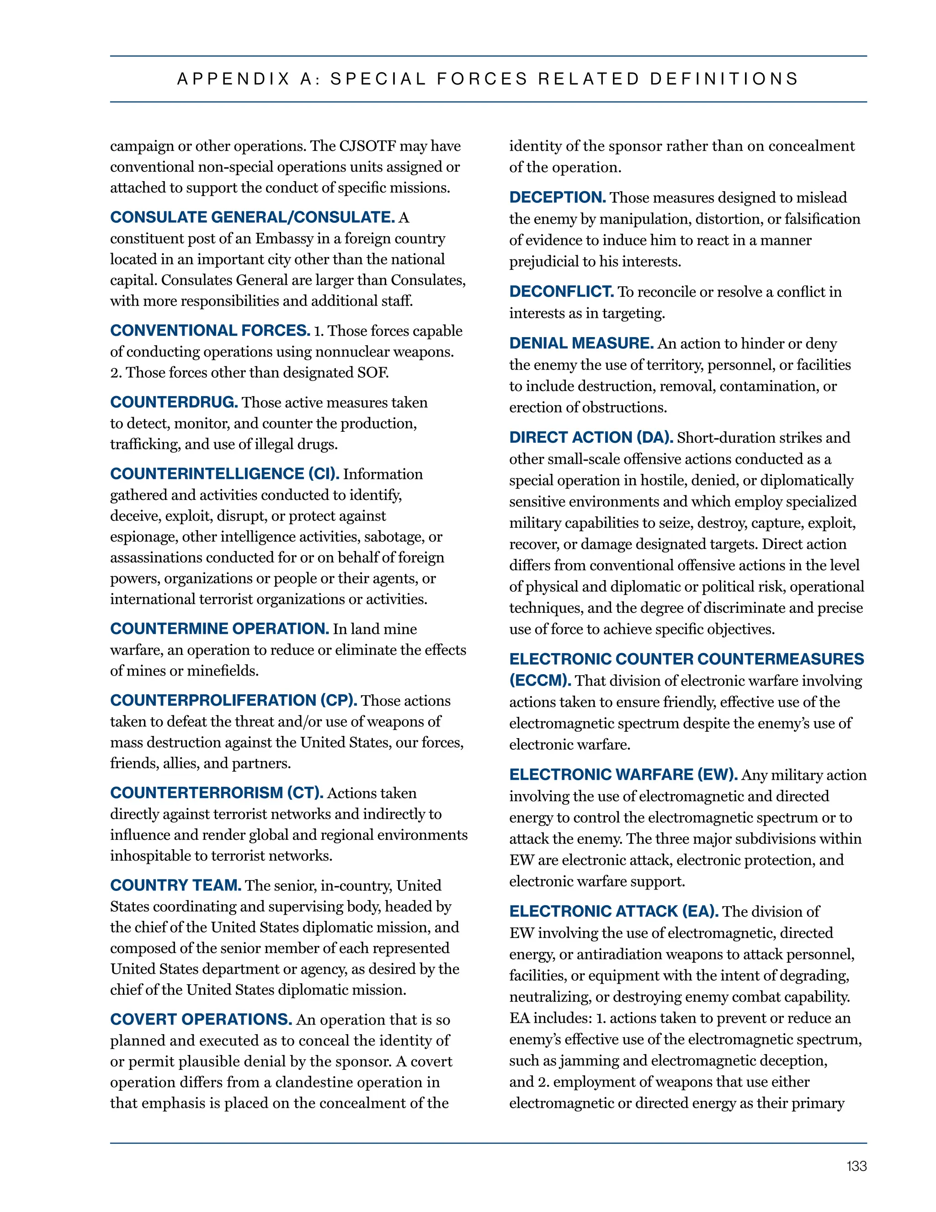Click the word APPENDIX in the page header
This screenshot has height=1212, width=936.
(234, 79)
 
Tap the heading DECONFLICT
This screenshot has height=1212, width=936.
(561, 291)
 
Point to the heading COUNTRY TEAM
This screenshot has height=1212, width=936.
(175, 885)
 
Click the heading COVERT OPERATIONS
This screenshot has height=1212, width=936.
(201, 1019)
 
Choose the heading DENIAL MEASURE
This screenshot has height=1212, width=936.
(581, 343)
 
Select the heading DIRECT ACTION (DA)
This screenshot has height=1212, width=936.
(591, 437)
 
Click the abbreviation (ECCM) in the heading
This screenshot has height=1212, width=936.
(540, 681)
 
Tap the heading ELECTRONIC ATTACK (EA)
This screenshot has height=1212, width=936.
(614, 911)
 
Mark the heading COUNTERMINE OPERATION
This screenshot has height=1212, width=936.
(219, 629)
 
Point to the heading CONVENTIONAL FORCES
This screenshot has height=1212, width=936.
(210, 330)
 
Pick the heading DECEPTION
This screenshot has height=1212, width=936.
(557, 197)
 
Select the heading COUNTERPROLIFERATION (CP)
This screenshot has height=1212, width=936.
(234, 700)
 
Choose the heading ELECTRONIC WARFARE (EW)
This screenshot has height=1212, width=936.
(623, 774)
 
